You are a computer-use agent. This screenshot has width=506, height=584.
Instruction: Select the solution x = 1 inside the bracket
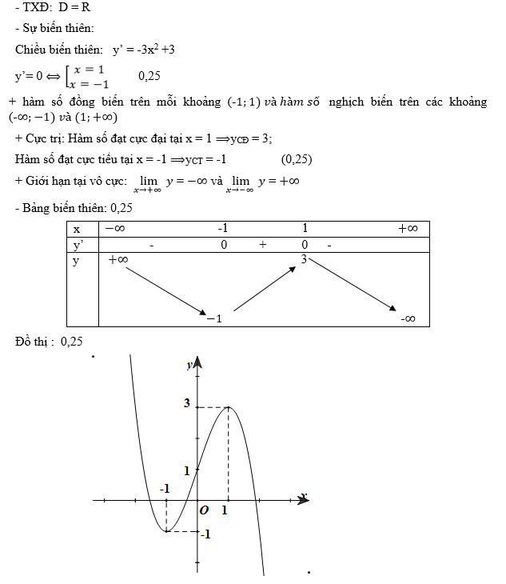coord(89,70)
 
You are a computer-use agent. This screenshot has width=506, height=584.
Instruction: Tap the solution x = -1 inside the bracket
coord(89,83)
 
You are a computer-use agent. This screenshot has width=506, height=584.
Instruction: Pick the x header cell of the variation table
coord(78,229)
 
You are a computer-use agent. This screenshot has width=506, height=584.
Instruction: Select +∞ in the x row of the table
coord(407,229)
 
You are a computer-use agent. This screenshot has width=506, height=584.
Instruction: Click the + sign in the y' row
coord(262,245)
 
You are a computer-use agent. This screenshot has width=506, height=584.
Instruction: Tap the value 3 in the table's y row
coord(304,259)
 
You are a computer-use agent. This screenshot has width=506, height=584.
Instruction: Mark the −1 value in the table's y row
coord(213,318)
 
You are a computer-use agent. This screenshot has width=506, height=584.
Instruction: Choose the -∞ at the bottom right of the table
coord(408,318)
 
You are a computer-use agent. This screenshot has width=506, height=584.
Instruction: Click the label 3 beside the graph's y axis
coord(187,402)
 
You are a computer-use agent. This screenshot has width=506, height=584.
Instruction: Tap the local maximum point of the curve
coord(229,407)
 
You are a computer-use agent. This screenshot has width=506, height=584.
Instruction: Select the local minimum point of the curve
coord(165,530)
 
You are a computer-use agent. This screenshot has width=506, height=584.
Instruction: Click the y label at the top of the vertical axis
coord(189,365)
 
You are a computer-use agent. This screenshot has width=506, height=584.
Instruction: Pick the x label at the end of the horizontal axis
coord(304,496)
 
